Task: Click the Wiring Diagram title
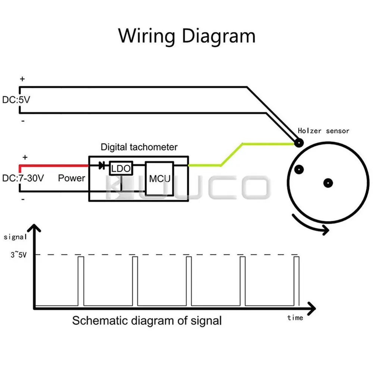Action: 187,36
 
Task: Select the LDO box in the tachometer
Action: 121,169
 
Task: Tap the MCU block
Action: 159,179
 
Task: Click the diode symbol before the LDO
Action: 102,165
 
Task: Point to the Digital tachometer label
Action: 139,147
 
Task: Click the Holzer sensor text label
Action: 323,131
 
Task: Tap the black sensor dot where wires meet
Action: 299,143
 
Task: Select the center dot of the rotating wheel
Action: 328,183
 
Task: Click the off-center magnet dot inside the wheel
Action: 299,169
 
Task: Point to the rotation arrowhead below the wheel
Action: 325,230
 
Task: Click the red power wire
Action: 53,166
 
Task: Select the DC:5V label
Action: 16,100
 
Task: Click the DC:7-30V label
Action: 23,178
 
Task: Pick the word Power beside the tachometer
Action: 71,178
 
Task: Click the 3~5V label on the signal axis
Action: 19,255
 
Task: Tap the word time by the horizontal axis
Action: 295,318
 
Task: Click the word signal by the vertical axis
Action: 15,237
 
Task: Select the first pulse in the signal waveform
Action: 81,281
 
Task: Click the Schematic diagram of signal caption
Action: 147,321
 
